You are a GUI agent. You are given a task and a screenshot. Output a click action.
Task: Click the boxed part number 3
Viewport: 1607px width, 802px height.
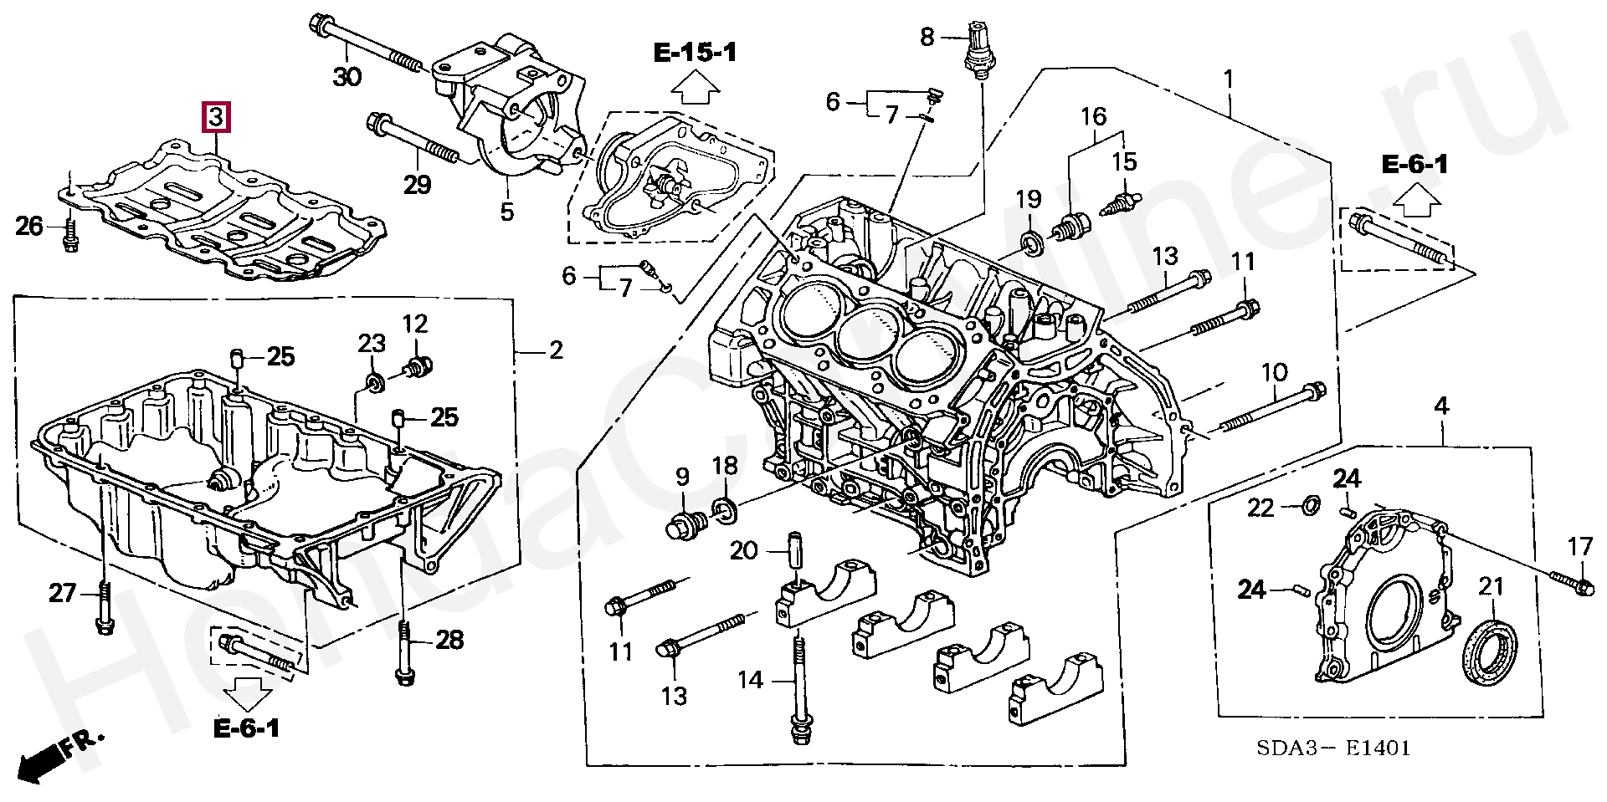tap(216, 117)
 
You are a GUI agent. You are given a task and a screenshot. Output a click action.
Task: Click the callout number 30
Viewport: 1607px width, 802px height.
tap(347, 77)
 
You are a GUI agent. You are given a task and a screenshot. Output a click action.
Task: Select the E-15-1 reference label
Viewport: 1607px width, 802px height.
tap(695, 54)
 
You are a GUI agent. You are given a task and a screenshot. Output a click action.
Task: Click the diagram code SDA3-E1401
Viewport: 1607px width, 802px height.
tap(1333, 748)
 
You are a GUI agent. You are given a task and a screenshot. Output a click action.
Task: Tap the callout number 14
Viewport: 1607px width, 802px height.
tap(750, 680)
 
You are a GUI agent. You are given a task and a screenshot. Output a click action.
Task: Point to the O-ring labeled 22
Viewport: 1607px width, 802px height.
tap(1310, 504)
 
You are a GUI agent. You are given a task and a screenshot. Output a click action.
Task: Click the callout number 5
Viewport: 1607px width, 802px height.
tap(506, 212)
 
